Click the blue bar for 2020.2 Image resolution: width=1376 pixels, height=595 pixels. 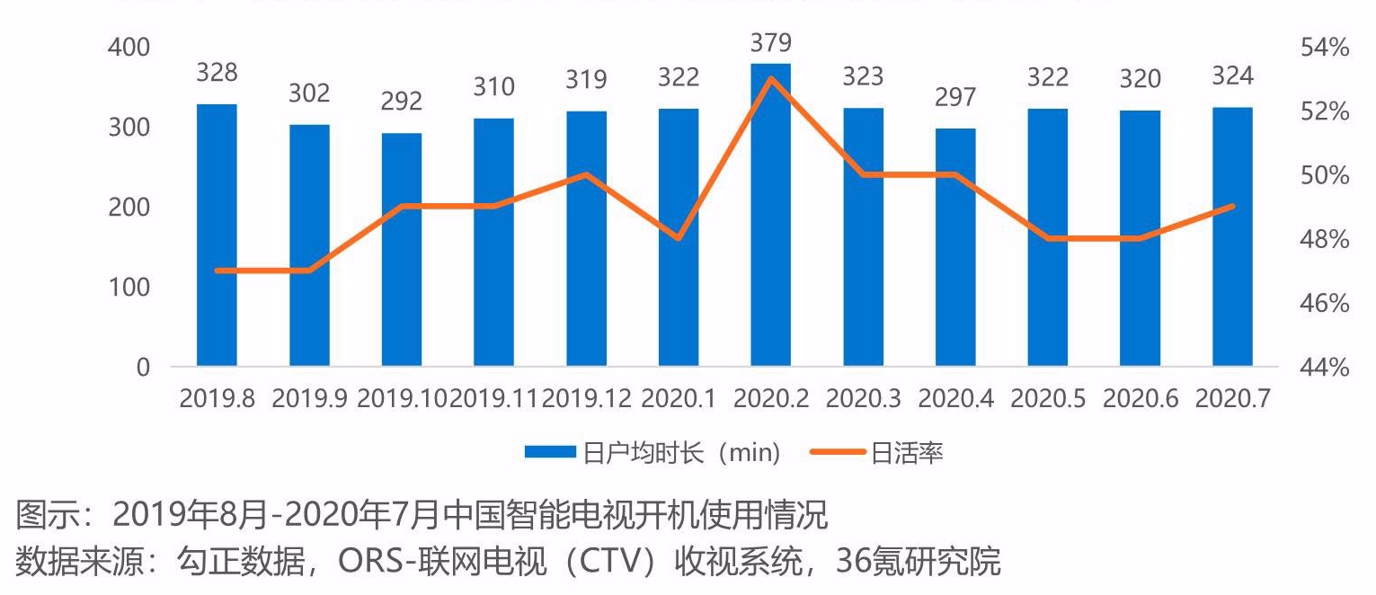pyautogui.click(x=770, y=216)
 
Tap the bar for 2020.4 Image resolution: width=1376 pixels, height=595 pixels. pyautogui.click(x=955, y=247)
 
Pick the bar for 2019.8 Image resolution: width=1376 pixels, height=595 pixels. pyautogui.click(x=217, y=235)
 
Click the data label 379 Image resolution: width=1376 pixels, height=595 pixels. pyautogui.click(x=770, y=42)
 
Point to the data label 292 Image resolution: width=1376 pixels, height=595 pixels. pyautogui.click(x=402, y=102)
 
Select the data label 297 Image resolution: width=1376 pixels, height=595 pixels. pyautogui.click(x=955, y=97)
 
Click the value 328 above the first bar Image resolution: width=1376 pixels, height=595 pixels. pyautogui.click(x=217, y=73)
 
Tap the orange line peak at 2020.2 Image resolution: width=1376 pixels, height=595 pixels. pyautogui.click(x=770, y=78)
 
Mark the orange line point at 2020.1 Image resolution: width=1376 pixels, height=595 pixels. pyautogui.click(x=679, y=238)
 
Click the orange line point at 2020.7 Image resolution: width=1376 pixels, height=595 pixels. pyautogui.click(x=1232, y=206)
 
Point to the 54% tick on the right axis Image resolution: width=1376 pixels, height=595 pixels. pyautogui.click(x=1325, y=48)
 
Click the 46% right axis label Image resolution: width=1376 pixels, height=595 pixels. pyautogui.click(x=1325, y=304)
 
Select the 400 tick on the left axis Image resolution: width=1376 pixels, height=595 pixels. pyautogui.click(x=129, y=48)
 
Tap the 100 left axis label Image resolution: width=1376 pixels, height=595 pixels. pyautogui.click(x=129, y=288)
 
